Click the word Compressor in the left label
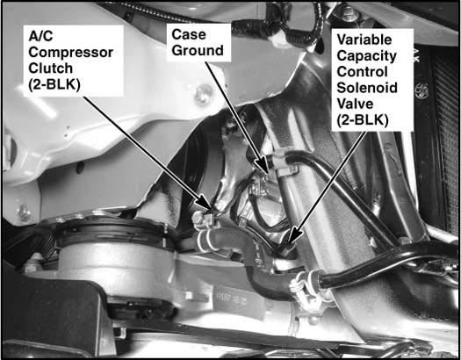71,53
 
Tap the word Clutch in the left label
51,68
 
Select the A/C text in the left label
40,37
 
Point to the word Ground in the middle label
198,50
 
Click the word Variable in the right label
364,40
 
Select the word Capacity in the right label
367,56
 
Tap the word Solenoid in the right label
367,88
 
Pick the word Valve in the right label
355,104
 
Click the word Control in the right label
362,72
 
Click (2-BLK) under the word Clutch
54,85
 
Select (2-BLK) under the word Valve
363,120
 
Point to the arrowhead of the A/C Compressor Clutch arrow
204,203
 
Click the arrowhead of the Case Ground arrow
263,164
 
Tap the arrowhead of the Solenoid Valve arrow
294,235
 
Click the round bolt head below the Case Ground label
203,94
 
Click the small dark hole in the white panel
79,168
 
